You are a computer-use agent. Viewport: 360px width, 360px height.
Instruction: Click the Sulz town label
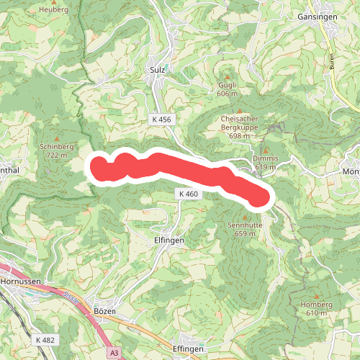click(x=158, y=70)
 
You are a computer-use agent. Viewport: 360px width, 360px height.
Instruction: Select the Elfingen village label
click(x=169, y=240)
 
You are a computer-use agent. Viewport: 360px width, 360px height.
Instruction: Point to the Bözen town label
click(x=105, y=310)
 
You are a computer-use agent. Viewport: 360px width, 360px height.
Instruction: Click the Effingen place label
click(x=189, y=348)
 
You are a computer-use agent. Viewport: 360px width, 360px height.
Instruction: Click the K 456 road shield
click(x=162, y=118)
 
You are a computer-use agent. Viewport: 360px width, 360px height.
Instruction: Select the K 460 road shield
click(x=186, y=194)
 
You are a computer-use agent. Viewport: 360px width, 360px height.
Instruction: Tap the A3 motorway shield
click(x=114, y=353)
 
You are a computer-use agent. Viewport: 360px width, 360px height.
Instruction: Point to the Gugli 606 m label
click(x=227, y=89)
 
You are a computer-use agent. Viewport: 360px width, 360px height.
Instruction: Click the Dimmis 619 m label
click(x=266, y=162)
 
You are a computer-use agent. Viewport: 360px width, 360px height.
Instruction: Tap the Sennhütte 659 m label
click(x=245, y=228)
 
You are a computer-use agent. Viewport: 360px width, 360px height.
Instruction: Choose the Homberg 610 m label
click(x=317, y=308)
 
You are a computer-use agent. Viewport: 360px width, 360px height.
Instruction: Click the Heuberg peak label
click(x=55, y=9)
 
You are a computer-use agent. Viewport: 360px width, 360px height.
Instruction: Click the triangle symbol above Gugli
click(x=227, y=75)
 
